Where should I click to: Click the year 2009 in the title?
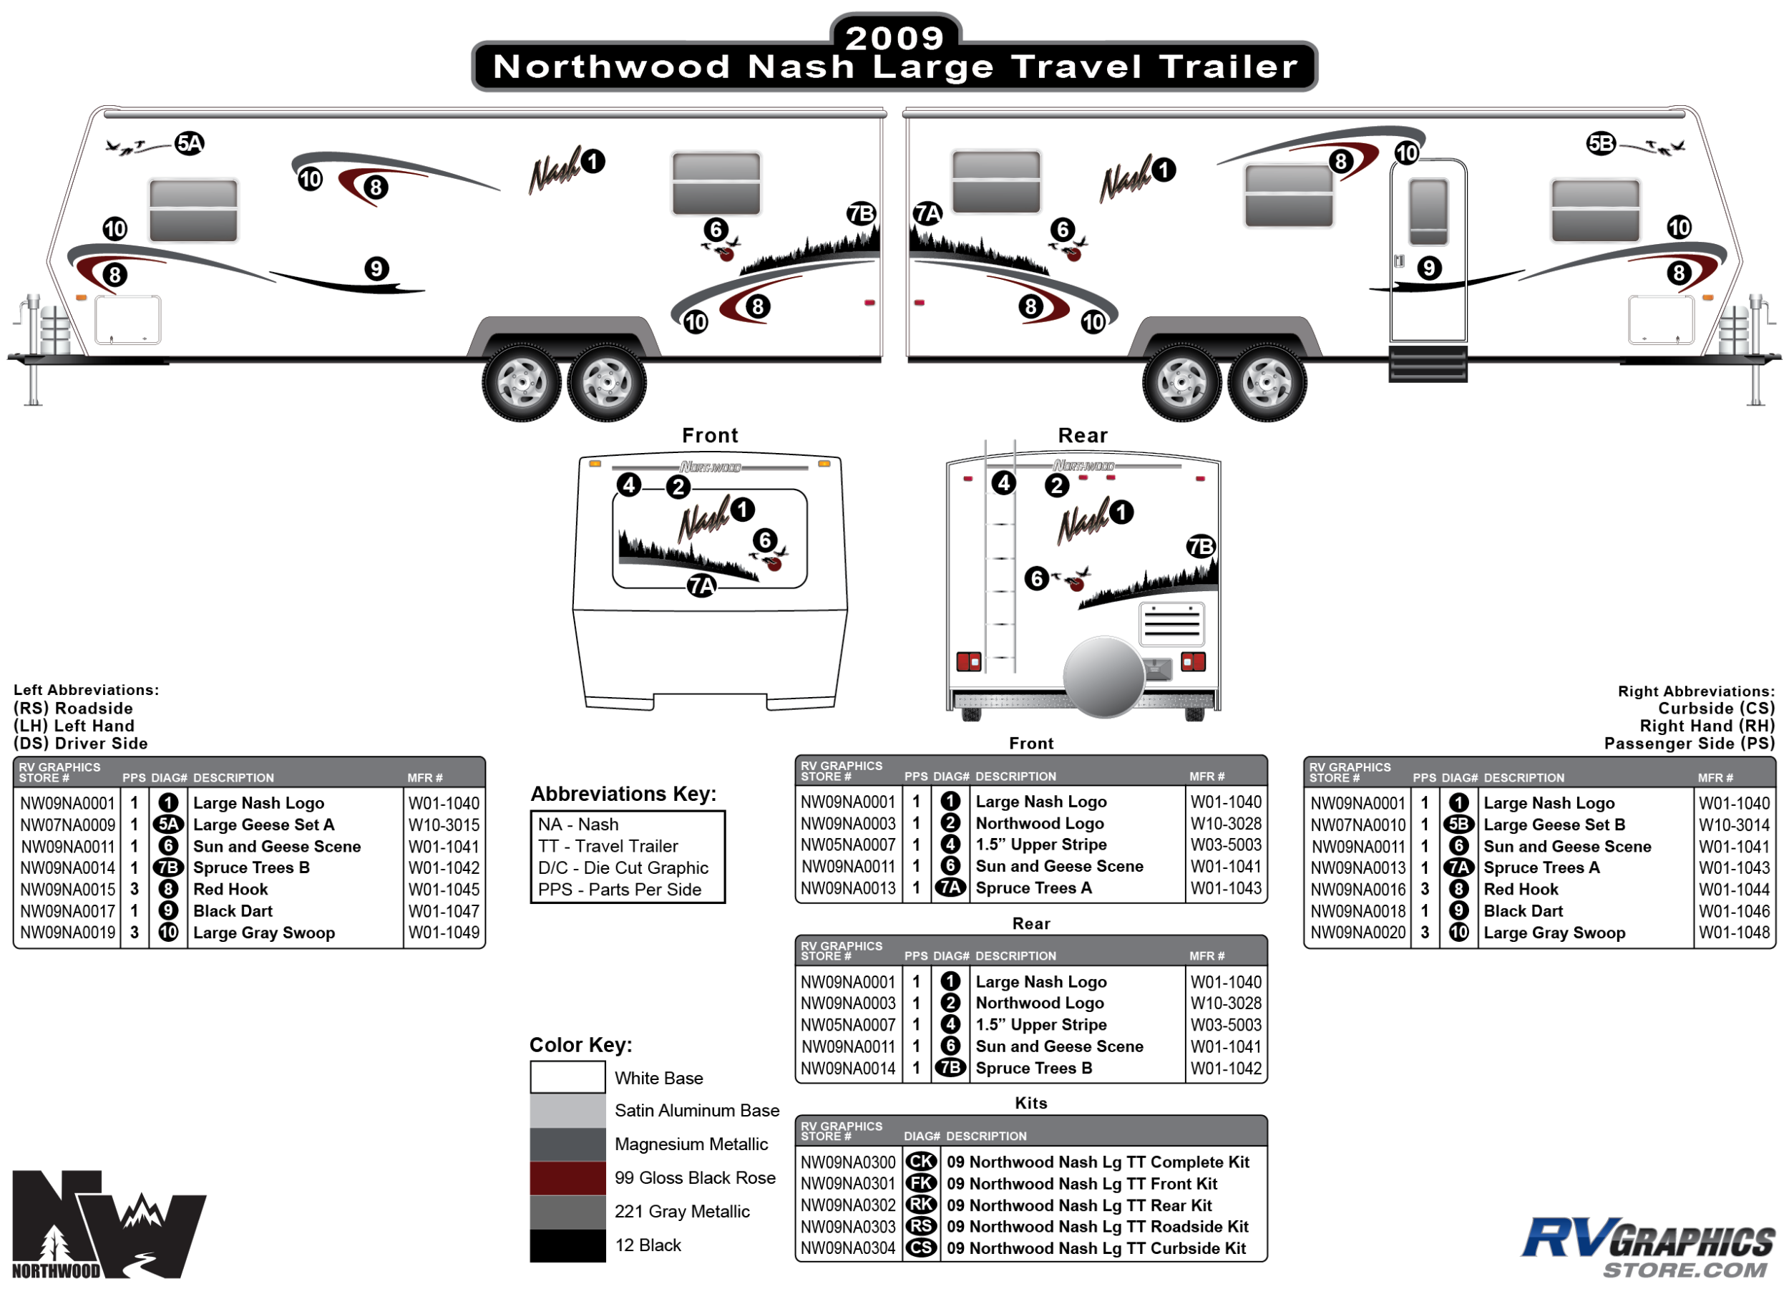(x=894, y=37)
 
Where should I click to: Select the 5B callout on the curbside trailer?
(x=1601, y=144)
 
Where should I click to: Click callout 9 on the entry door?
(x=1428, y=268)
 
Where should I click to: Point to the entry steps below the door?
(x=1428, y=364)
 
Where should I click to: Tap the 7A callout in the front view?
(x=701, y=585)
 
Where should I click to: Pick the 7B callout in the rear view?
(x=1201, y=547)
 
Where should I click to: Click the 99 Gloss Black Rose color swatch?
(x=567, y=1178)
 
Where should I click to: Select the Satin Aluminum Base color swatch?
(x=567, y=1111)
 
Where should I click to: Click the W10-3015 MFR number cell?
(x=443, y=825)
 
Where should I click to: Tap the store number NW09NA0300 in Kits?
(x=848, y=1162)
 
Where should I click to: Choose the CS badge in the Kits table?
(x=920, y=1248)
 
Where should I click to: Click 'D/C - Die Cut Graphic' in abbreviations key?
(x=623, y=867)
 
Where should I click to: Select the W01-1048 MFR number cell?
(x=1734, y=933)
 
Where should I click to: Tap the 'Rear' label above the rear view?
(x=1082, y=435)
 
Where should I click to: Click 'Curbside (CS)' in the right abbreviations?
(x=1715, y=709)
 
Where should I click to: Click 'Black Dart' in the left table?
(x=233, y=911)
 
